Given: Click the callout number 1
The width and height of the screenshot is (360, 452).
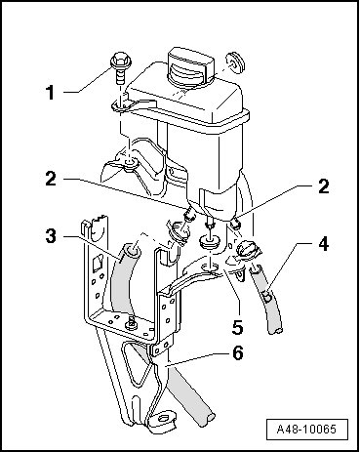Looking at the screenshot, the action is (x=51, y=93).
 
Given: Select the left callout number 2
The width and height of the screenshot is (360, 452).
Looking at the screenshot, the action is (x=51, y=179).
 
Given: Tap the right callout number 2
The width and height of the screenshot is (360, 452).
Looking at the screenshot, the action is (x=323, y=186).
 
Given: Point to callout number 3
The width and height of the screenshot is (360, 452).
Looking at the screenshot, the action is (x=51, y=236).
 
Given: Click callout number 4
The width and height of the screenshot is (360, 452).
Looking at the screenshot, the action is (x=323, y=244).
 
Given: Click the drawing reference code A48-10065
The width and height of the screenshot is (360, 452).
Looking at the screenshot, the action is (x=306, y=430).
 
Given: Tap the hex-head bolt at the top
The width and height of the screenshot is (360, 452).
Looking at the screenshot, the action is (x=120, y=69).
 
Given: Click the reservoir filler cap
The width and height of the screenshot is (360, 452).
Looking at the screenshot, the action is (x=190, y=67).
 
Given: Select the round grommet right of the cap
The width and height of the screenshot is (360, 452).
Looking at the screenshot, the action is (x=235, y=62).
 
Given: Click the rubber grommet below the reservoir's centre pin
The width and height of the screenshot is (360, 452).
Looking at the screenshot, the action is (x=210, y=242).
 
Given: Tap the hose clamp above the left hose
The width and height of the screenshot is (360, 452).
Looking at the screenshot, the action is (x=179, y=231).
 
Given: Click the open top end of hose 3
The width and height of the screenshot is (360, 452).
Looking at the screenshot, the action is (x=134, y=251).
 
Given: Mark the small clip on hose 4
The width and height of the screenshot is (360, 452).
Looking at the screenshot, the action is (x=267, y=296).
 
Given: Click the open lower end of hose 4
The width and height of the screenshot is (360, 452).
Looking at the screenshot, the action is (x=276, y=331).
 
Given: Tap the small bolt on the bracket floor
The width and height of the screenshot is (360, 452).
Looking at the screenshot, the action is (x=131, y=323).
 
